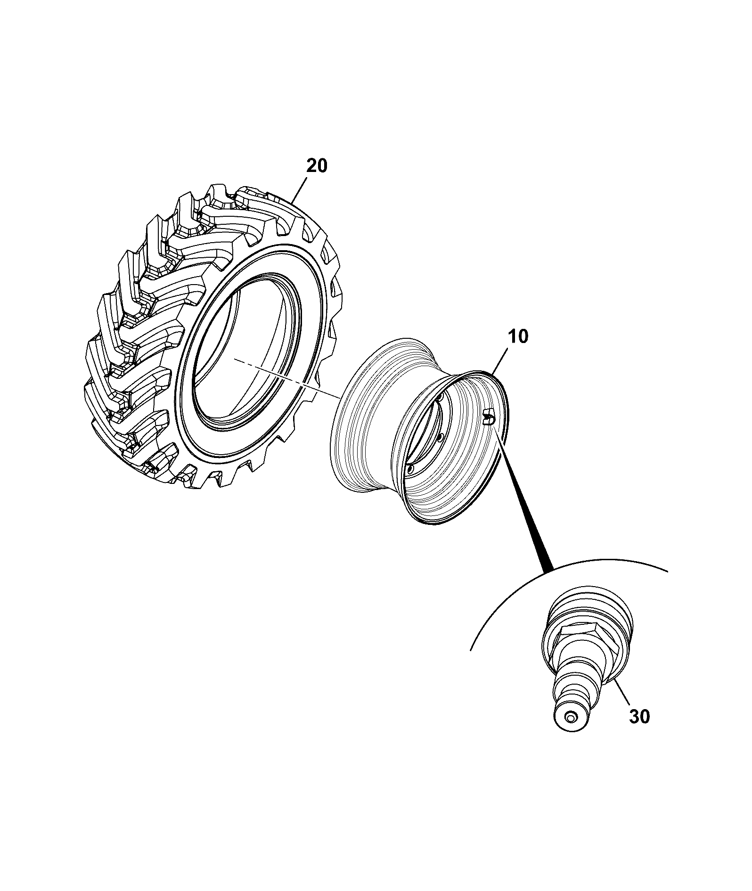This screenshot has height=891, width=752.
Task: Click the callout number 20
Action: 317,166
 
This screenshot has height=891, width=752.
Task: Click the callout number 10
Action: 518,337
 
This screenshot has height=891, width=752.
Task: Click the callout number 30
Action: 639,717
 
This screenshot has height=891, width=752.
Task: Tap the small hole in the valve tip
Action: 571,731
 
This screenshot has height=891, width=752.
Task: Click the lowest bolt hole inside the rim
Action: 409,469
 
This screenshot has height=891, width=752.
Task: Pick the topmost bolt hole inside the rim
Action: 440,399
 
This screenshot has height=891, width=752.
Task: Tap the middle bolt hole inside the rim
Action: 440,438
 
